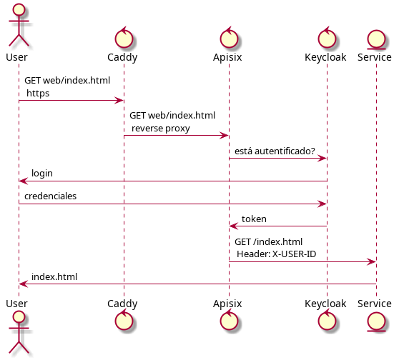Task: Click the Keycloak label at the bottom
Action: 327,304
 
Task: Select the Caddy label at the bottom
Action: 123,304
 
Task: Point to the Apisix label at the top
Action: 229,57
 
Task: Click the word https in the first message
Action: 38,93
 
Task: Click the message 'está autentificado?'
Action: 275,151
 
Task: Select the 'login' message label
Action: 41,174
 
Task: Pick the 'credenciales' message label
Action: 50,196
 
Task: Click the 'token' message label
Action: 254,219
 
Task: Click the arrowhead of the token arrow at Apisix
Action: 232,226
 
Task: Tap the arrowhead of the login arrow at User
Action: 23,181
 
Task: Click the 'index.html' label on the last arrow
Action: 54,276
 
